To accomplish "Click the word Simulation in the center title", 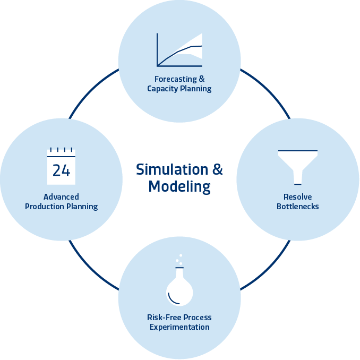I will point(172,169).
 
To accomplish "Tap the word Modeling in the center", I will point(179,187).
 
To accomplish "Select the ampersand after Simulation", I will point(218,169).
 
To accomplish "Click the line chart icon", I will point(179,49).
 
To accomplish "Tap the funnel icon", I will point(297,164).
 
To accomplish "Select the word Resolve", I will point(297,197).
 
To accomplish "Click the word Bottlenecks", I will point(297,206).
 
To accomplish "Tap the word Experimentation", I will point(179,327).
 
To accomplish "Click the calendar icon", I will point(61,164).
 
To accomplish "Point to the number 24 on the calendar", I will point(61,170).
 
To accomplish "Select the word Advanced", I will point(61,197).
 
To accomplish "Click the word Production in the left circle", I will point(47,207).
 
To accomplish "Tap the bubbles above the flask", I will point(179,260).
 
